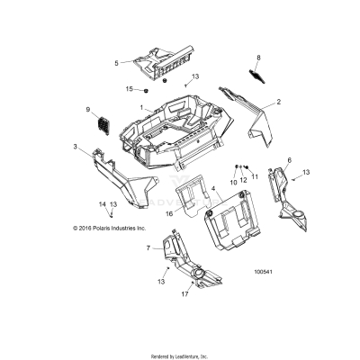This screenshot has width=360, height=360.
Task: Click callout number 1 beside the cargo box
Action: coord(140,107)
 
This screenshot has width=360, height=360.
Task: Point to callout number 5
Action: coord(116,62)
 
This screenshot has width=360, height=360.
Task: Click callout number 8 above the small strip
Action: coord(259,58)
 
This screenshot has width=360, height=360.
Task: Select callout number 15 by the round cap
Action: coord(129,89)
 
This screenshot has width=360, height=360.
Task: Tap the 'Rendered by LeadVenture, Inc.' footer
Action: coord(179,353)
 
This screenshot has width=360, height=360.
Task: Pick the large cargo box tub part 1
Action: coord(180,126)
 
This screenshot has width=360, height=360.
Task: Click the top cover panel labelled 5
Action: coord(166,61)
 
